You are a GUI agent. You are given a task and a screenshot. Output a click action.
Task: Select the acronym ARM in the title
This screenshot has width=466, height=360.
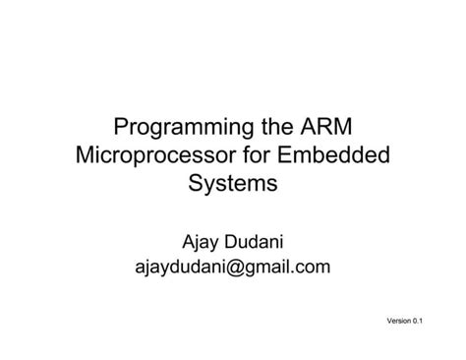(325, 128)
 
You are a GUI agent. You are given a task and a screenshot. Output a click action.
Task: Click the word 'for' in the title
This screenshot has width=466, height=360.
(253, 155)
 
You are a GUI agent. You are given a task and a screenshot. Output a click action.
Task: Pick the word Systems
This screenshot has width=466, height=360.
(233, 183)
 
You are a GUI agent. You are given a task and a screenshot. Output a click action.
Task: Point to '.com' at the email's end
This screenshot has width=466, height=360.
(312, 266)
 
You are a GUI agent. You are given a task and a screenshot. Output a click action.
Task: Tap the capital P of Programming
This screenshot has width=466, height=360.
(123, 128)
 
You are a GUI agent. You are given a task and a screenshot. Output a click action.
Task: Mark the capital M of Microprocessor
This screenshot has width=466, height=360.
(86, 155)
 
